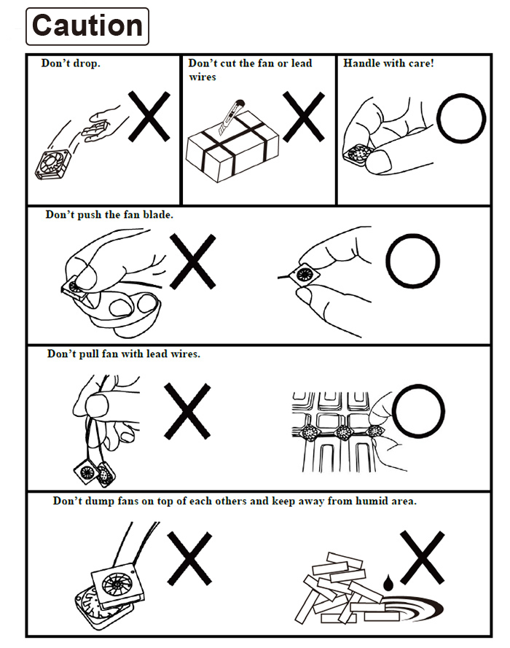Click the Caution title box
87,26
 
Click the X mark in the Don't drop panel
149,116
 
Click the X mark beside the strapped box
304,116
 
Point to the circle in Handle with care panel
460,117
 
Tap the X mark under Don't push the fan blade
192,261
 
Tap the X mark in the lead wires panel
187,411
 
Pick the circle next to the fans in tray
417,411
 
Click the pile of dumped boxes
339,590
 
